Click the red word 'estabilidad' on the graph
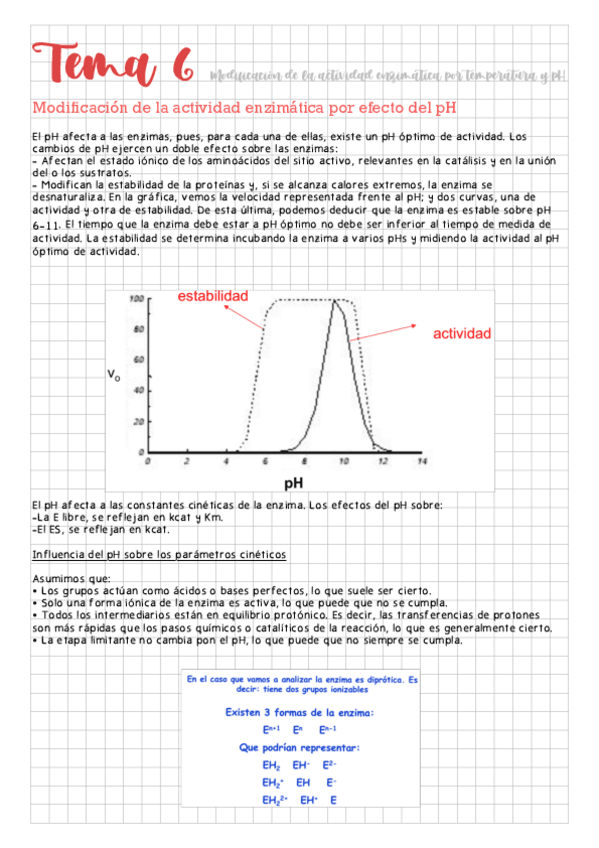click(x=213, y=296)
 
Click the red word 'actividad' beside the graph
click(x=462, y=333)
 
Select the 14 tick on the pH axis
click(x=422, y=462)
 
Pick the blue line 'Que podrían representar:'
click(x=300, y=747)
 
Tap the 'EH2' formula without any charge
click(x=271, y=764)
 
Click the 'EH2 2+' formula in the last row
click(x=274, y=800)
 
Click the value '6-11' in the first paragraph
click(x=48, y=225)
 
